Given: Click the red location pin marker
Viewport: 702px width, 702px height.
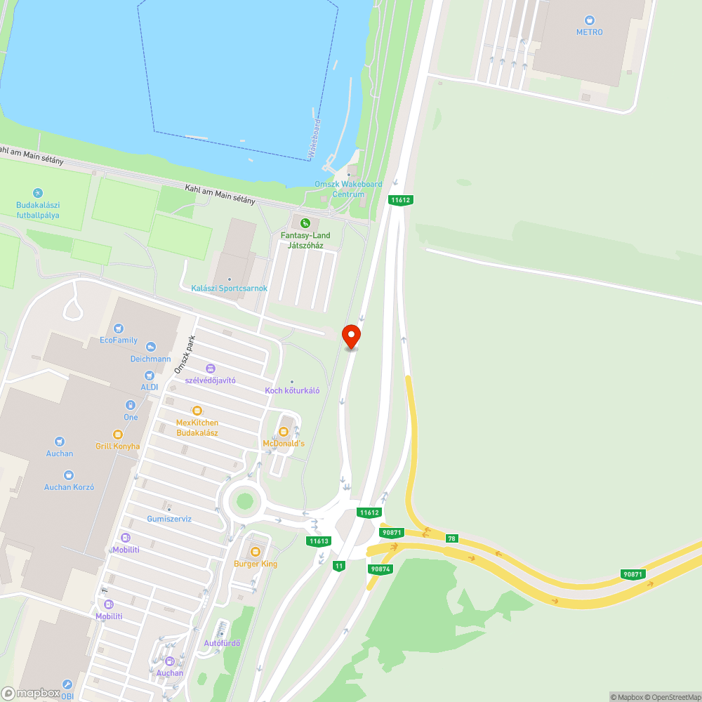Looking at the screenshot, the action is point(351,336).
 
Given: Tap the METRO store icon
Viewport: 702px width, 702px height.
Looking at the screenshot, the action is point(590,20).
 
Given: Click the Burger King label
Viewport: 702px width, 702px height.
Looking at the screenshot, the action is point(256,564).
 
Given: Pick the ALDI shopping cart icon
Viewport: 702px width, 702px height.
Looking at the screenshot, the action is point(150,375).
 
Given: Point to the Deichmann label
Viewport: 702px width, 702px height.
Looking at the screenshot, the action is point(150,358).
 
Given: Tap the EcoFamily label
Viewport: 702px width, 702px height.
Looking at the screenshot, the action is point(119,340).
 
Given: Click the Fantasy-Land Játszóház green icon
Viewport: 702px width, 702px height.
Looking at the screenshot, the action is point(304,223).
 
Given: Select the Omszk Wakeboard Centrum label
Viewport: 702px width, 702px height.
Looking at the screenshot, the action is point(348,189).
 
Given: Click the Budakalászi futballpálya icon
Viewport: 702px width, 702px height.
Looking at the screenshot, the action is point(38,193).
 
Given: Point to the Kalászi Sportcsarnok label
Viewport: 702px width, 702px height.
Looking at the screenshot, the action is point(229,289).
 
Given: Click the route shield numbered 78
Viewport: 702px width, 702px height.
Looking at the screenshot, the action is point(451,538).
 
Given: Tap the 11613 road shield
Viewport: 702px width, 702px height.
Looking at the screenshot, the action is point(319,541).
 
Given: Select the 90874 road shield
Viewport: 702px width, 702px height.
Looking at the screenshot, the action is point(379,569).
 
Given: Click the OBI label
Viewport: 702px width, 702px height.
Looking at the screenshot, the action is point(67,696).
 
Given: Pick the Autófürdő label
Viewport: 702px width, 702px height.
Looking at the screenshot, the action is point(222,643).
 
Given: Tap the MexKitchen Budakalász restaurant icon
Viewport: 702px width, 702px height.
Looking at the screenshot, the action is point(197,411).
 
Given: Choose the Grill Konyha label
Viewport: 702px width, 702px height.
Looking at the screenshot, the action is point(118,446).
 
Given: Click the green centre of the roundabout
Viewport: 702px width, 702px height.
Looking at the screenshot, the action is point(244,501).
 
